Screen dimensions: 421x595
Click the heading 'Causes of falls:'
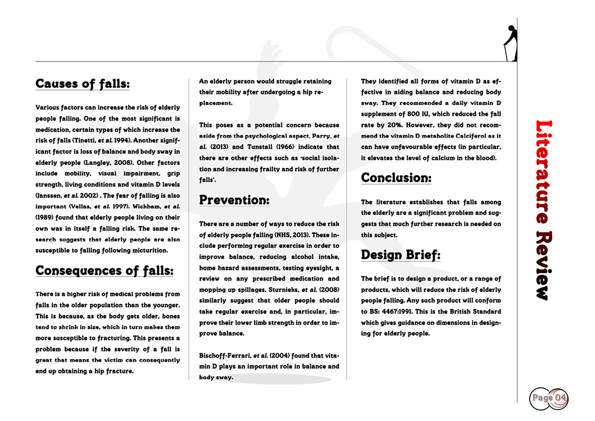point(82,83)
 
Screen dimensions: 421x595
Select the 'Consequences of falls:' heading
point(104,271)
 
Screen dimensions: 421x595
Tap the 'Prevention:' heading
point(234,200)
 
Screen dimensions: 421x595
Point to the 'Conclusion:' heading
point(396,177)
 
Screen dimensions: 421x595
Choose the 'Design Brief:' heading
point(401,255)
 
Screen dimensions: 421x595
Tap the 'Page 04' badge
point(549,398)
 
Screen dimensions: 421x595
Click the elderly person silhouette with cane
point(510,43)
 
